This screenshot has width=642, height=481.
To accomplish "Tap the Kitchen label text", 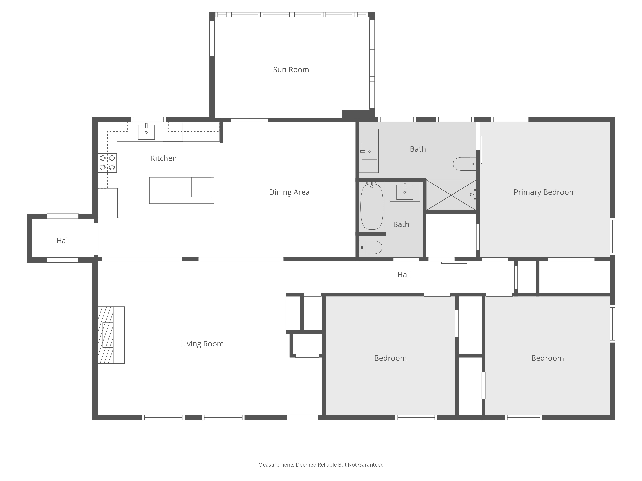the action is [164, 158].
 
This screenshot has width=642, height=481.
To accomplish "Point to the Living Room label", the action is [202, 344].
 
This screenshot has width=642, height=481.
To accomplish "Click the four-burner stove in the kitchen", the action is [107, 163].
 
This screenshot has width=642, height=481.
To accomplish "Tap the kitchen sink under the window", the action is [146, 132].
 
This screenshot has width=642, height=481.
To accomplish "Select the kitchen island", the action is [182, 190].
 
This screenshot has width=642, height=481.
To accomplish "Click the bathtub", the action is [372, 207].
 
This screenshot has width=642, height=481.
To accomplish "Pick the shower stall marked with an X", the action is [451, 195].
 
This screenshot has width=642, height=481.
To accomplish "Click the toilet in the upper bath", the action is [464, 164].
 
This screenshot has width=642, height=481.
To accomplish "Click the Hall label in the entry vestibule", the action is [63, 241].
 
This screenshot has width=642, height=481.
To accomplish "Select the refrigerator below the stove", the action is [108, 203].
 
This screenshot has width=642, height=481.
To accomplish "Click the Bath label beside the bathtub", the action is [401, 224].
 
